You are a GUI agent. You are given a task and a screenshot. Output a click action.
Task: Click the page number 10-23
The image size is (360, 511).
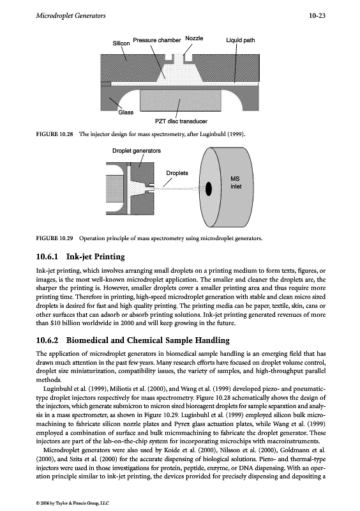coord(317,15)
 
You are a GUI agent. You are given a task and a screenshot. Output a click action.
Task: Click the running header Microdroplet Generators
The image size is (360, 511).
coord(71,15)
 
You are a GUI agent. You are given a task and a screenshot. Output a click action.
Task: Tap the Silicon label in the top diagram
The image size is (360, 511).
coord(121,43)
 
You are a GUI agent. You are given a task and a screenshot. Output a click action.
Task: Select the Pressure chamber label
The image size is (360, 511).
coord(157,40)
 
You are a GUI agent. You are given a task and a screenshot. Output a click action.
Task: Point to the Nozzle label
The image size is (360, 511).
coord(194,38)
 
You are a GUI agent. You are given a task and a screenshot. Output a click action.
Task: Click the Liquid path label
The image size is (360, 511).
coord(241,40)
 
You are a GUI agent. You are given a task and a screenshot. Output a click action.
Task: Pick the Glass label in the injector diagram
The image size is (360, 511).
coord(126,112)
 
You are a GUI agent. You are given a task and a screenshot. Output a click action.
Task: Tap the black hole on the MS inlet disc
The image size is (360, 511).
coord(209,188)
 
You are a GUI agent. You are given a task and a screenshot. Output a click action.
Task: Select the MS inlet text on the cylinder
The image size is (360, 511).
coord(236,183)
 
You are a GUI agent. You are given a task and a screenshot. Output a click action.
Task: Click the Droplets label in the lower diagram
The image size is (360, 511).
coord(177,173)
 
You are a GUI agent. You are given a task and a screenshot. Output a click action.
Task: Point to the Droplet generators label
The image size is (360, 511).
coord(137,151)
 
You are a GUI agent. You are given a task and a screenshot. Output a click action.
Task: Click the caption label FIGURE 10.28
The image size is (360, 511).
coord(54,134)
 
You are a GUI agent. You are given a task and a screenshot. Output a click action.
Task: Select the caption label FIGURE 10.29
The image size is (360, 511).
coord(54,238)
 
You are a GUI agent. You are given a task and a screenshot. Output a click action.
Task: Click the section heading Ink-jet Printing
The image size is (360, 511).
coord(96,257)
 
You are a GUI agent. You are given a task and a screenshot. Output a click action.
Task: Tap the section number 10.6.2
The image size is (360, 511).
coord(47,340)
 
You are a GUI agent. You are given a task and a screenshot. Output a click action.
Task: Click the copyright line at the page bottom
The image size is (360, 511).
coord(73,503)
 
